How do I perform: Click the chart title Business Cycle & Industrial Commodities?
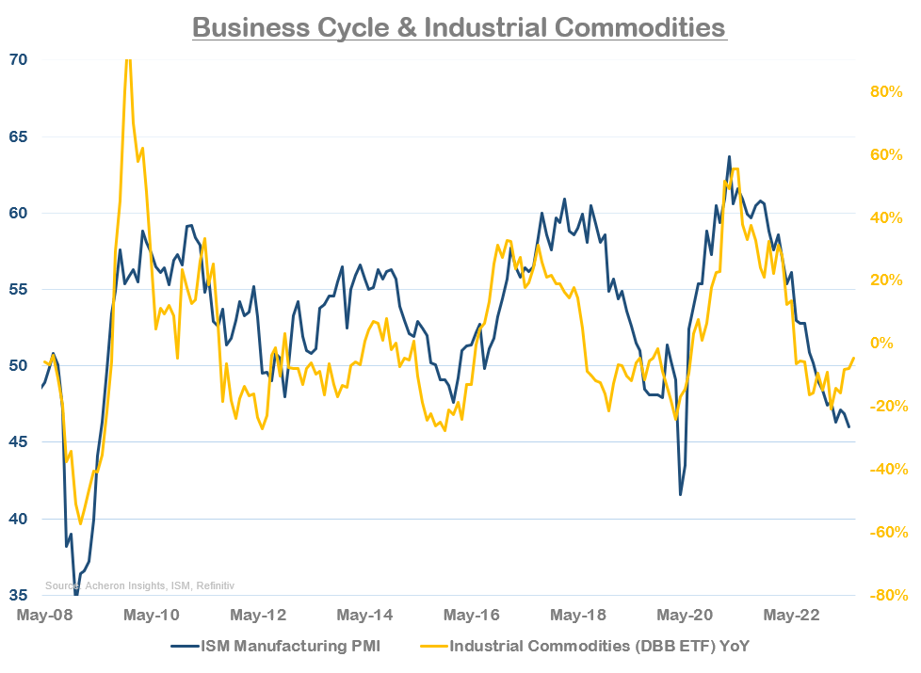pyautogui.click(x=460, y=26)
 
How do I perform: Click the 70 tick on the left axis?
pyautogui.click(x=18, y=60)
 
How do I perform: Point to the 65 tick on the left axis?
pyautogui.click(x=18, y=136)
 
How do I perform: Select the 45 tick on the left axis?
pyautogui.click(x=18, y=442)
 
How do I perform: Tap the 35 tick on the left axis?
pyautogui.click(x=18, y=595)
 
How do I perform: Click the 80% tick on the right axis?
pyautogui.click(x=885, y=92)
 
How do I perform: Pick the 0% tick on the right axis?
pyautogui.click(x=890, y=343)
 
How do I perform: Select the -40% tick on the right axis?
pyautogui.click(x=885, y=469)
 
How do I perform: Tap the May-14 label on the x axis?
pyautogui.click(x=363, y=616)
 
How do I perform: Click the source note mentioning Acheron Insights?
pyautogui.click(x=139, y=585)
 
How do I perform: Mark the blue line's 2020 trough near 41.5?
pyautogui.click(x=680, y=494)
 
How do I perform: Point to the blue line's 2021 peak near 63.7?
pyautogui.click(x=729, y=157)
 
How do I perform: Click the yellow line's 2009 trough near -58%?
pyautogui.click(x=80, y=523)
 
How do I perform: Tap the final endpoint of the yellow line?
pyautogui.click(x=853, y=358)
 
